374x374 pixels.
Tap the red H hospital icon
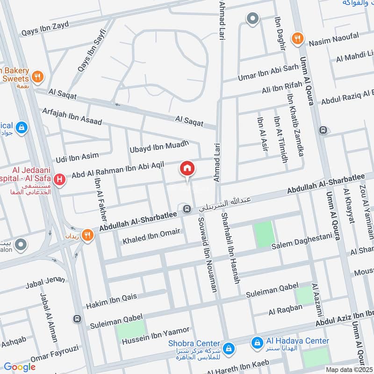tap(59, 179)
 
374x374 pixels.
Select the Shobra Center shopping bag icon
tap(229, 348)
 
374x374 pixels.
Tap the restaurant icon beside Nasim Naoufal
tap(296, 38)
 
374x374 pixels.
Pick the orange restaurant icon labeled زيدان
tap(87, 236)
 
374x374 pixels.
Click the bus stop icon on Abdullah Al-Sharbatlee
tap(187, 209)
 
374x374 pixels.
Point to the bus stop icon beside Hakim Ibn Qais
tap(77, 319)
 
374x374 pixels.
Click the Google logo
tap(20, 367)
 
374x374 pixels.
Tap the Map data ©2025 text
tap(348, 369)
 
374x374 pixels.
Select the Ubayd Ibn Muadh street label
tap(159, 146)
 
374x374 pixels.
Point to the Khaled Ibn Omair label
tap(151, 237)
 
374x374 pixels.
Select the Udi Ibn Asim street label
tap(77, 157)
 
